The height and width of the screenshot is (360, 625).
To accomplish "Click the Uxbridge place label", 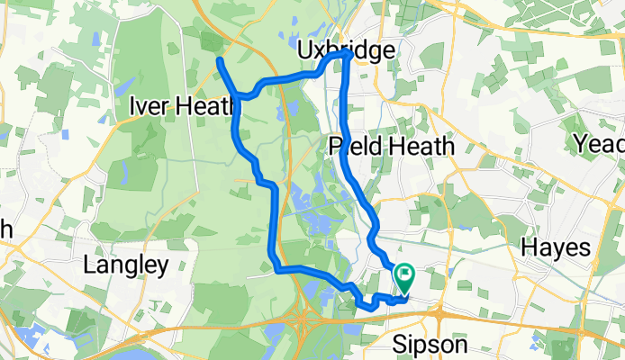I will coord(345,50).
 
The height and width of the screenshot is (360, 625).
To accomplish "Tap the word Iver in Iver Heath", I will coord(149,106).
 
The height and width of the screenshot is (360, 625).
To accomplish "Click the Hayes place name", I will coord(558,247).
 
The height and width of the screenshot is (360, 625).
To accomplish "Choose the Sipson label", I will coord(430,345).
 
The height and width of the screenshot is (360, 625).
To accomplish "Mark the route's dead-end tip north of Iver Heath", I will coord(220,60).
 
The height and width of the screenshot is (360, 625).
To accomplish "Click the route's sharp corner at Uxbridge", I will coord(346,56).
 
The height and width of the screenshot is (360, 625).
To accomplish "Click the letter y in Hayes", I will coord(558,250).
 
